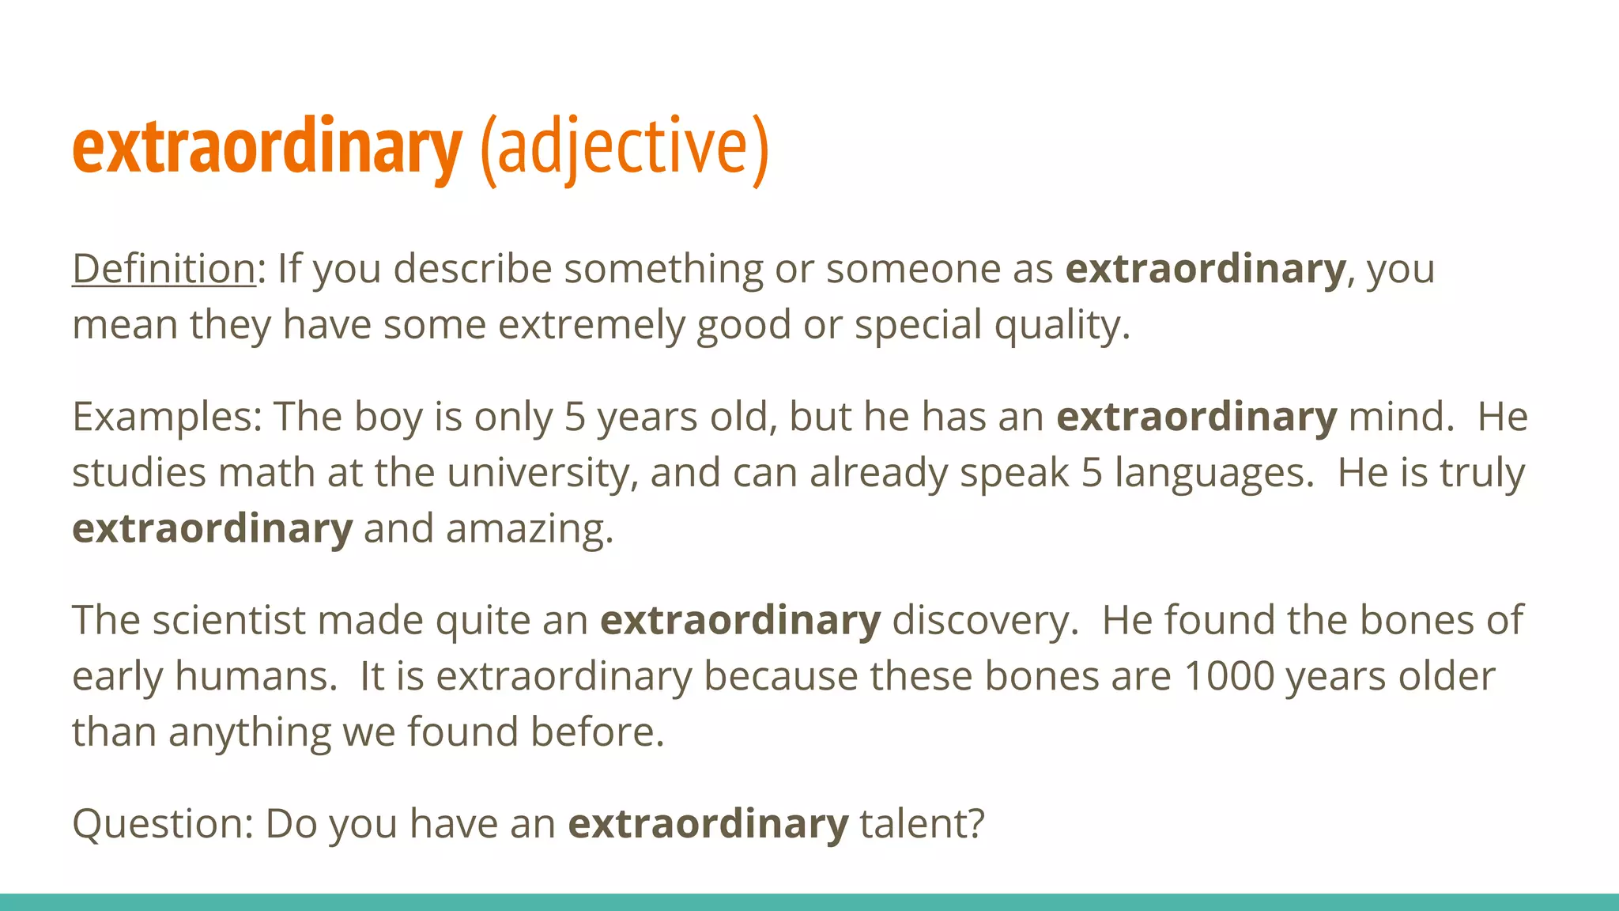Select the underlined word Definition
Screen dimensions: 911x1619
pyautogui.click(x=164, y=269)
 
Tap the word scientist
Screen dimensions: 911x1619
pyautogui.click(x=228, y=620)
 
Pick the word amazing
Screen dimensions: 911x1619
pyautogui.click(x=529, y=529)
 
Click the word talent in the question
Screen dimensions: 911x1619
pyautogui.click(x=921, y=824)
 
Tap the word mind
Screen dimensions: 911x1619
pyautogui.click(x=1400, y=417)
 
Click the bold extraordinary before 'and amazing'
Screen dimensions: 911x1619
pyautogui.click(x=212, y=529)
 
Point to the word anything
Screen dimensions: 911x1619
pyautogui.click(x=249, y=733)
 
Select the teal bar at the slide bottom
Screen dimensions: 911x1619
pyautogui.click(x=809, y=902)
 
